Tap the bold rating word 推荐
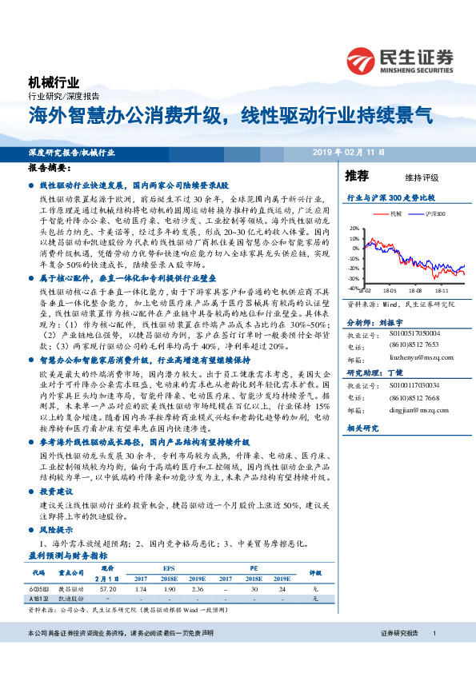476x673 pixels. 356,175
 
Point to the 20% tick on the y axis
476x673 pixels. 354,228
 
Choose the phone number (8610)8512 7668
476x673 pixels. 414,397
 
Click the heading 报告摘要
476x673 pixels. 46,169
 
